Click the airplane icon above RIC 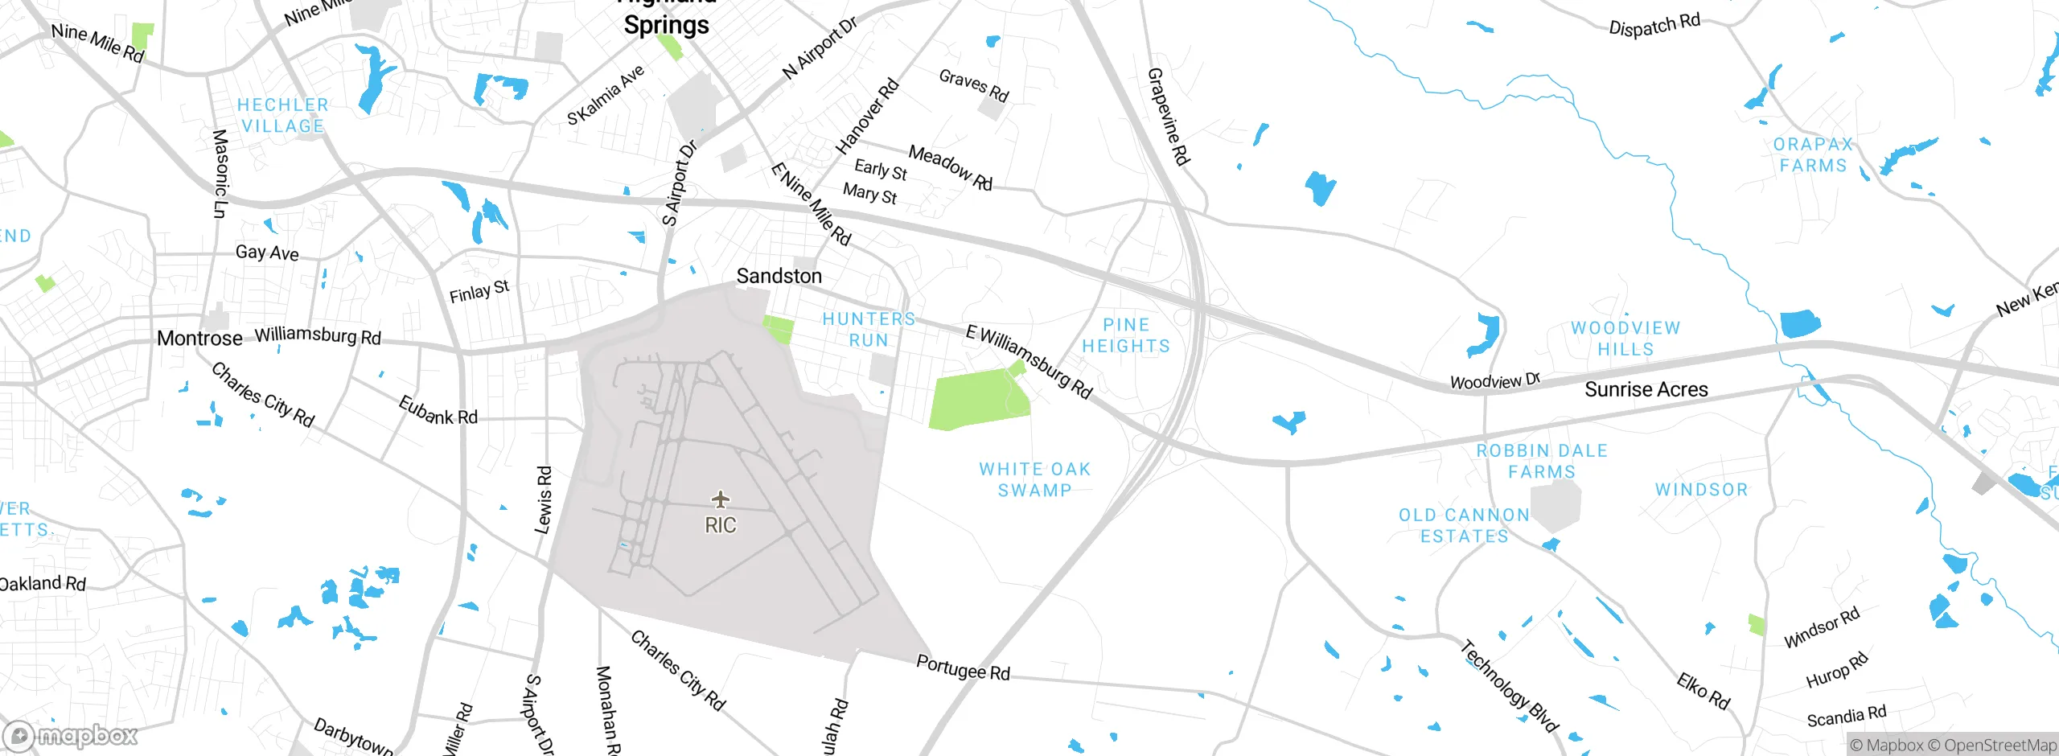pos(721,499)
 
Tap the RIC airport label pos(721,525)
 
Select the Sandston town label pos(779,276)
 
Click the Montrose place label pos(199,339)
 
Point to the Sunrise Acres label pos(1646,389)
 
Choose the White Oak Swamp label pos(1034,479)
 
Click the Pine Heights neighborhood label pos(1125,335)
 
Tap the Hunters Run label pos(869,330)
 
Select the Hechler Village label pos(283,116)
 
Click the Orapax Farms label pos(1813,154)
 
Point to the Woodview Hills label pos(1625,339)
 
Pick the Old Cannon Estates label pos(1464,525)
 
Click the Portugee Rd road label pos(963,668)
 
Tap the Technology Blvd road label pos(1509,686)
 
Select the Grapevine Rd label pos(1168,117)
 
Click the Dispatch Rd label pos(1654,25)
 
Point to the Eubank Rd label pos(438,410)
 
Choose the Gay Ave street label pos(267,253)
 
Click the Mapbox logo pos(71,736)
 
